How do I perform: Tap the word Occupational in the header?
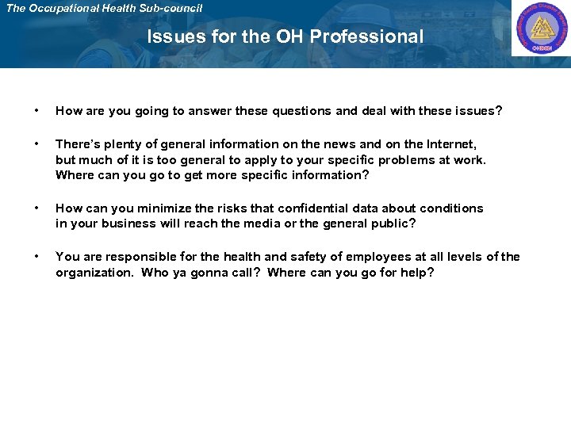click(x=70, y=8)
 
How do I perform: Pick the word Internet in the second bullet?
click(x=450, y=144)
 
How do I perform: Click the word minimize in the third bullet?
click(x=163, y=208)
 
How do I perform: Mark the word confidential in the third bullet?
click(x=297, y=208)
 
